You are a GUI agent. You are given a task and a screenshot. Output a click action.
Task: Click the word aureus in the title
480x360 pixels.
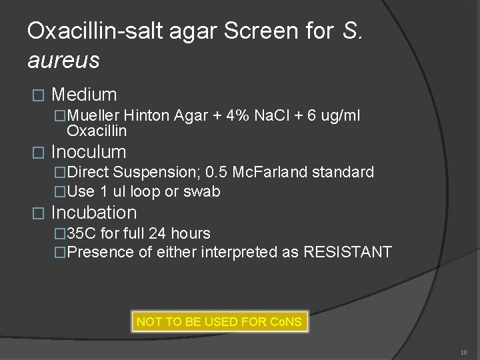[63, 61]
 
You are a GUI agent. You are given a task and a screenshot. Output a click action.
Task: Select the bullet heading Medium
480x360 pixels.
[84, 95]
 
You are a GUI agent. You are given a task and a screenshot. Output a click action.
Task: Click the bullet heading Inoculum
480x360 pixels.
[89, 152]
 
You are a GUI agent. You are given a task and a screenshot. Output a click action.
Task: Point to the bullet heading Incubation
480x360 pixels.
[94, 213]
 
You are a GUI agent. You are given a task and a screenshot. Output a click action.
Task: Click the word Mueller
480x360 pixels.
[94, 115]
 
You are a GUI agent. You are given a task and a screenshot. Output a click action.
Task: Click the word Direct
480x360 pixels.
[89, 172]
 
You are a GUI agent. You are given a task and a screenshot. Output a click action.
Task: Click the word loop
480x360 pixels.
[152, 192]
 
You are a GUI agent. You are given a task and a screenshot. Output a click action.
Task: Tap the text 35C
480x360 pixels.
[83, 233]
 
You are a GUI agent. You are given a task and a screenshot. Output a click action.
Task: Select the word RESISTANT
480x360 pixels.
[347, 253]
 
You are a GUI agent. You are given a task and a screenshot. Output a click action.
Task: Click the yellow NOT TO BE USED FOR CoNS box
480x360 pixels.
[219, 322]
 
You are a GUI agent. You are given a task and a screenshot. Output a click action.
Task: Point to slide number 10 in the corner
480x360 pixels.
[464, 352]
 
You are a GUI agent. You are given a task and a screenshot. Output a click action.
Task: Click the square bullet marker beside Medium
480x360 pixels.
[37, 95]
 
